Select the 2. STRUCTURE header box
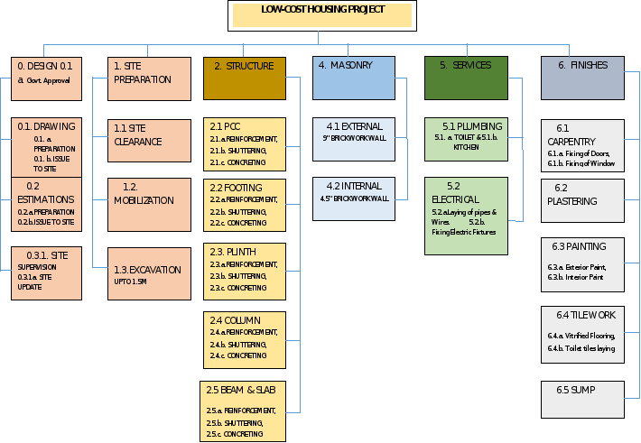click(245, 78)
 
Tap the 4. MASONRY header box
click(355, 78)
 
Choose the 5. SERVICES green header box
click(466, 78)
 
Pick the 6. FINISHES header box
click(582, 78)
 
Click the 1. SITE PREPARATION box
click(151, 78)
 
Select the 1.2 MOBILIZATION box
click(151, 204)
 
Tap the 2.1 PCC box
click(245, 144)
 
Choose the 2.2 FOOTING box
click(245, 204)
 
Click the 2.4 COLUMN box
click(245, 337)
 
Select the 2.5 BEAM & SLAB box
click(245, 411)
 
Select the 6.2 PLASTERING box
click(582, 199)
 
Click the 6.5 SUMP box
click(582, 400)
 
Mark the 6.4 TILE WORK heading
click(581, 316)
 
